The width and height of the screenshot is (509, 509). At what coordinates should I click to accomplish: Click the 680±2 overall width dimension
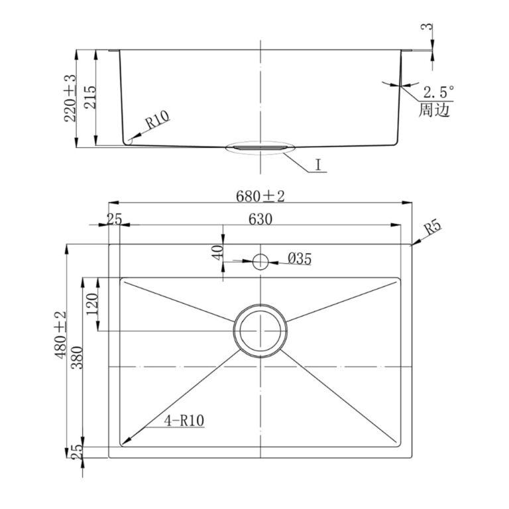(260, 196)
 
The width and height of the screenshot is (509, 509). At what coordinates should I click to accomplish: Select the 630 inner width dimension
(260, 219)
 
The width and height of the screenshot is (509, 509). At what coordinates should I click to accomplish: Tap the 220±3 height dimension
(70, 98)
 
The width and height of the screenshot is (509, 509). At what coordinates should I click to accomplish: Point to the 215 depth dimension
(90, 97)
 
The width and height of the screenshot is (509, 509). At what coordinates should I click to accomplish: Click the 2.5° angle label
(438, 93)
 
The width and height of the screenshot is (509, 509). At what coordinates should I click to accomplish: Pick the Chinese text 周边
(434, 110)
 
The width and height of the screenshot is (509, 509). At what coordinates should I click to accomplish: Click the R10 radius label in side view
(157, 119)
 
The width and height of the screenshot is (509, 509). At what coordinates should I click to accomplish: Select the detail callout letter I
(318, 165)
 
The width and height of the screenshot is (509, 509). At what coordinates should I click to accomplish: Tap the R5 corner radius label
(433, 227)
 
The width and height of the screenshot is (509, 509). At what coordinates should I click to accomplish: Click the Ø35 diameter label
(300, 258)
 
